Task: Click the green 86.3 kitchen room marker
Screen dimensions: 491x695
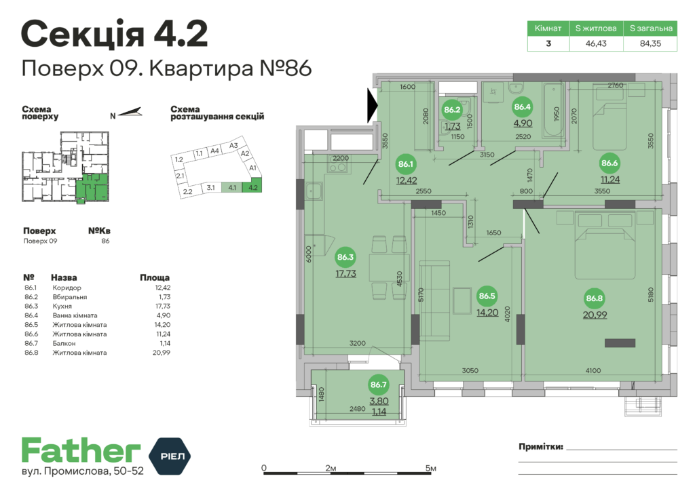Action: pyautogui.click(x=345, y=257)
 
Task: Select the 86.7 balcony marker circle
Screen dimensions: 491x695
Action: pyautogui.click(x=379, y=385)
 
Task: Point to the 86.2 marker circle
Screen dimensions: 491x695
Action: pyautogui.click(x=452, y=109)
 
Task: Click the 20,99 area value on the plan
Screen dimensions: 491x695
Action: pyautogui.click(x=595, y=314)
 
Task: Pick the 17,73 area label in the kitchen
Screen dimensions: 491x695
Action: pyautogui.click(x=345, y=273)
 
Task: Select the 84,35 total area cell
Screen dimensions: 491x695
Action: pyautogui.click(x=650, y=43)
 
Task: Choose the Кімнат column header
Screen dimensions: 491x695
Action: pyautogui.click(x=548, y=28)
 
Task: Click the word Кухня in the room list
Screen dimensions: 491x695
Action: pyautogui.click(x=62, y=306)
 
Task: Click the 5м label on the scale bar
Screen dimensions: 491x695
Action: pyautogui.click(x=430, y=469)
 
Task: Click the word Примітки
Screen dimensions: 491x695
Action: pyautogui.click(x=540, y=447)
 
